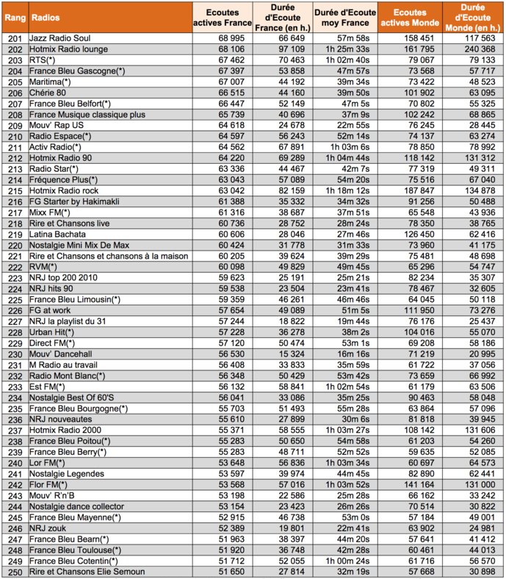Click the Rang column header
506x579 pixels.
tap(14, 17)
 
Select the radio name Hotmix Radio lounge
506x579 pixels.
tap(69, 48)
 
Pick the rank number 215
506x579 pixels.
tap(13, 190)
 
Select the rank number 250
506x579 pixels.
tap(13, 571)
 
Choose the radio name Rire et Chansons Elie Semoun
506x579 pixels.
tap(87, 571)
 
